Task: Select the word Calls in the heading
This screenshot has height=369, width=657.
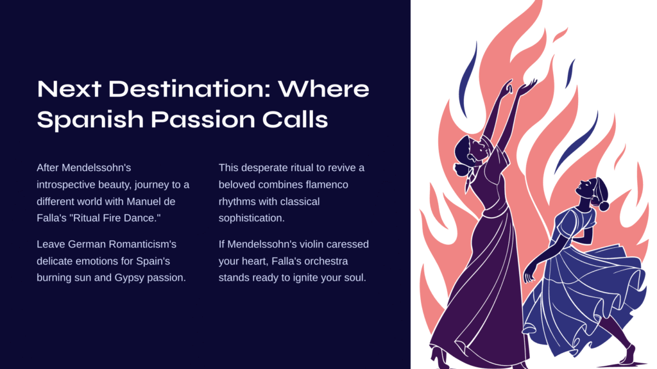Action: tap(295, 119)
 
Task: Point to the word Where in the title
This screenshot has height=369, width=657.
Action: tap(323, 89)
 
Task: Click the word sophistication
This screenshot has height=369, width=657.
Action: tap(252, 218)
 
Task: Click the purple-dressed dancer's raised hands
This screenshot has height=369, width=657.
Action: tap(518, 87)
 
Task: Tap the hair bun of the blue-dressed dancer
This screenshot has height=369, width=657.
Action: tap(604, 206)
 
